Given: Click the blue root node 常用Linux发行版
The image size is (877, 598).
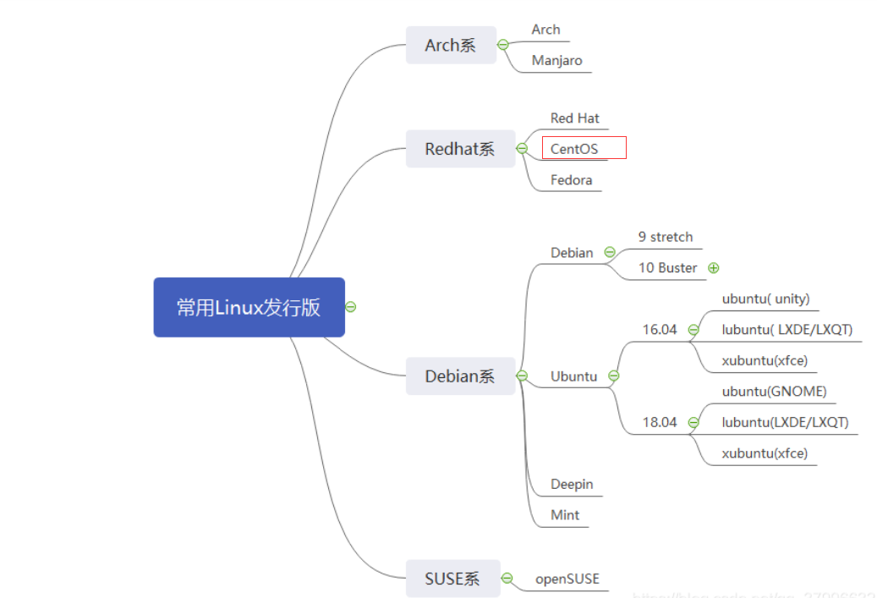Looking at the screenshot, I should pyautogui.click(x=249, y=307).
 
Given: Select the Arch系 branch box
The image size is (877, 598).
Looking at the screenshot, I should pyautogui.click(x=450, y=45).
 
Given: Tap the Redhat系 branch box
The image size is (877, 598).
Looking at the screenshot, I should pyautogui.click(x=459, y=149).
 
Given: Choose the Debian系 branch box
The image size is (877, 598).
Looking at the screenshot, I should pyautogui.click(x=459, y=376).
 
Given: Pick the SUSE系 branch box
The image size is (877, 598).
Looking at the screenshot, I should pyautogui.click(x=452, y=579).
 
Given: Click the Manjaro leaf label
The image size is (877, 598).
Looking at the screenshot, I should pyautogui.click(x=556, y=60).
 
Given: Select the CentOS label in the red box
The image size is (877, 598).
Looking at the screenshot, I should pyautogui.click(x=574, y=149).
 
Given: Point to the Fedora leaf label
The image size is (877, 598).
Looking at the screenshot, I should pyautogui.click(x=571, y=179).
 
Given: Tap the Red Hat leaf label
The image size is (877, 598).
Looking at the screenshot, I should pyautogui.click(x=575, y=118).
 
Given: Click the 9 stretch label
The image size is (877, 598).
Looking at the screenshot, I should pyautogui.click(x=665, y=237).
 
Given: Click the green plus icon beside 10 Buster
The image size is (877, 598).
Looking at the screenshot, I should pyautogui.click(x=714, y=268).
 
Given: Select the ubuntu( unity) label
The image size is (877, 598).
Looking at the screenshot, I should pyautogui.click(x=765, y=299).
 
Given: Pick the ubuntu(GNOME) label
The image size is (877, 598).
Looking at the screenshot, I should pyautogui.click(x=774, y=391).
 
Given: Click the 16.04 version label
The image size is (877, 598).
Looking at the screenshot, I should pyautogui.click(x=660, y=329).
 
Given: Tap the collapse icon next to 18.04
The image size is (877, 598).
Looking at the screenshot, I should pyautogui.click(x=693, y=422).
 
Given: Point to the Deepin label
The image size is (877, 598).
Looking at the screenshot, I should pyautogui.click(x=572, y=484).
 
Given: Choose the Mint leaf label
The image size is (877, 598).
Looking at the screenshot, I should pyautogui.click(x=565, y=514).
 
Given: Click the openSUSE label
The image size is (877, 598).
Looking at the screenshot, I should pyautogui.click(x=567, y=579).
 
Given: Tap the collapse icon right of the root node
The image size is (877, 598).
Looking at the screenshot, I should pyautogui.click(x=351, y=307).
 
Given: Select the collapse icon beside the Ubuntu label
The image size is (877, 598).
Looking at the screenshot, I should pyautogui.click(x=614, y=376).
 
